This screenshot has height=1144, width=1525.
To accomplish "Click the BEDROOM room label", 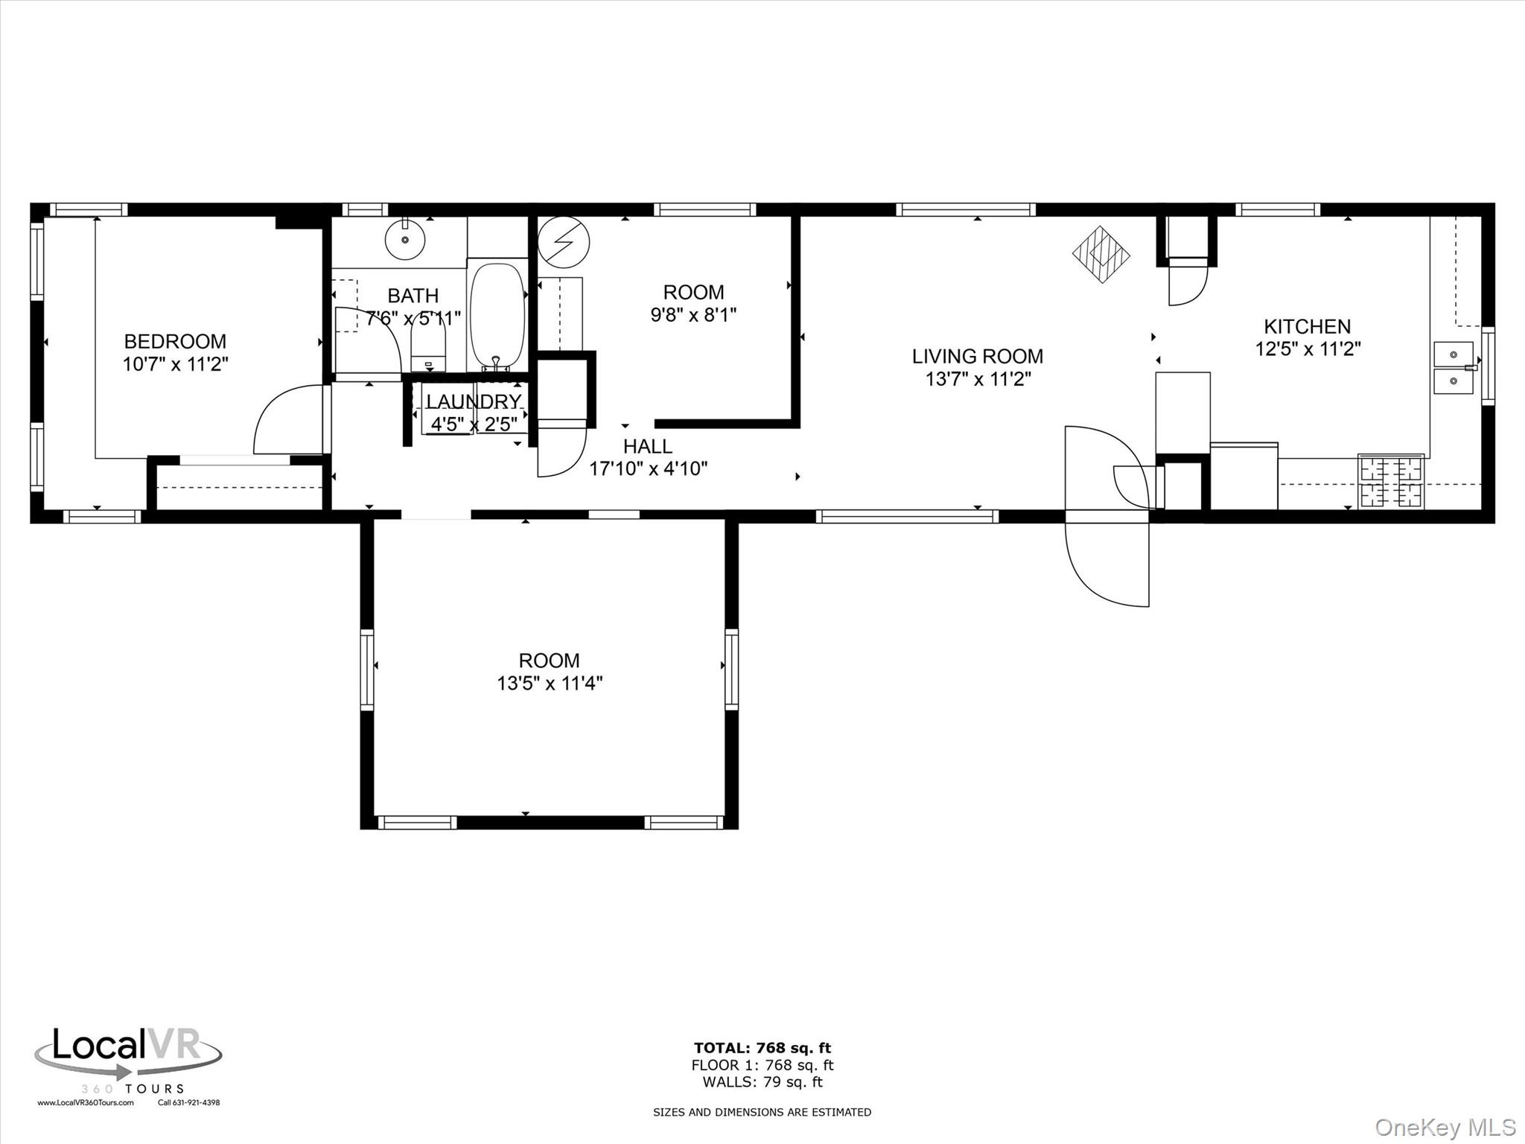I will [x=175, y=341].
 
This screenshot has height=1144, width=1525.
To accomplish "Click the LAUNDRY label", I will [x=474, y=401].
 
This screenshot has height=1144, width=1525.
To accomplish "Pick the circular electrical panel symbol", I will [x=564, y=242].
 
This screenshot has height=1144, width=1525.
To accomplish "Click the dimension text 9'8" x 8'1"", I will [x=693, y=315].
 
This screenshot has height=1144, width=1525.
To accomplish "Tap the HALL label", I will [x=647, y=446].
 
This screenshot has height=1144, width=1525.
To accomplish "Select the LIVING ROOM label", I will [x=977, y=356].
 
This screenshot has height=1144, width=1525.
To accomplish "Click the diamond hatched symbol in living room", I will [x=1101, y=254].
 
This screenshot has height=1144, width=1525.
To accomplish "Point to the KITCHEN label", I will [x=1307, y=326].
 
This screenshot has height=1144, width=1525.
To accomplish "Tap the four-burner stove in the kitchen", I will [x=1391, y=482].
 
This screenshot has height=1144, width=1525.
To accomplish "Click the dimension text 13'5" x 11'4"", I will [x=550, y=683].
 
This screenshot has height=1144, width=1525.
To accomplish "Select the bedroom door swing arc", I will [x=287, y=419].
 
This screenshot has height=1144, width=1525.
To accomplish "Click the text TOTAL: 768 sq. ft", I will [x=762, y=1049].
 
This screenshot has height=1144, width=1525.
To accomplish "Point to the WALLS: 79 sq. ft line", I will [x=762, y=1082].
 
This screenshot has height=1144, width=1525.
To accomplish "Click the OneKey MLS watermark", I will [x=1445, y=1127].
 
